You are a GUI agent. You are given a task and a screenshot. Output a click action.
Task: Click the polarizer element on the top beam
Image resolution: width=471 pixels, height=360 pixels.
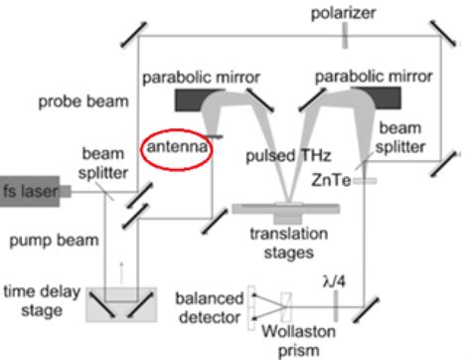(x=342, y=38)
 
